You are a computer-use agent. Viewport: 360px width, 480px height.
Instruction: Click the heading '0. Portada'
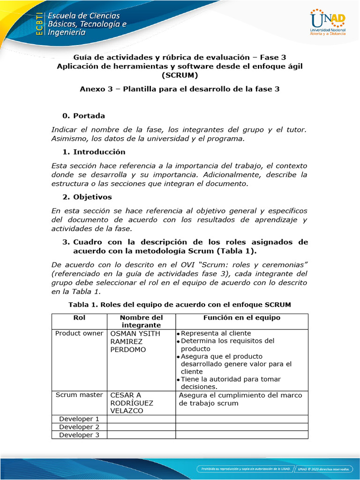tap(83, 115)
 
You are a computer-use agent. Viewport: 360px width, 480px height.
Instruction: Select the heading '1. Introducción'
tap(94, 152)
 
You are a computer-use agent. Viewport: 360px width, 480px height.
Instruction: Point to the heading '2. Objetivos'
tap(87, 197)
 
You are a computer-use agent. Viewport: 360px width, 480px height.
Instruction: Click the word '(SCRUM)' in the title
tap(180, 75)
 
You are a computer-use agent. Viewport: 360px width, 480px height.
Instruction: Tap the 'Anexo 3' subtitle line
tap(180, 89)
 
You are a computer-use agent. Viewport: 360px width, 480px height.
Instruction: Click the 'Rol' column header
tap(79, 318)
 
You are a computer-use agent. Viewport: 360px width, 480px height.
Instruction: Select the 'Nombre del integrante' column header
tap(141, 321)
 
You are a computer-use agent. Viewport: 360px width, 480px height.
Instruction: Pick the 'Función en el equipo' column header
tap(241, 318)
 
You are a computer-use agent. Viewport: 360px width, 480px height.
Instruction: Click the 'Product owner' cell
tap(79, 333)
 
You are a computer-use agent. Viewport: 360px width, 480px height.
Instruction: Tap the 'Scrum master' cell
tap(79, 395)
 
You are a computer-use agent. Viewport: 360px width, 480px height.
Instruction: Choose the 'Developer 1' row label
tap(79, 419)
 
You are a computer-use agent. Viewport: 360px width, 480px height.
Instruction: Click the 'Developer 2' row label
tap(79, 427)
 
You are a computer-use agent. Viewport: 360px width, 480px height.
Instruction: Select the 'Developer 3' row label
tap(79, 435)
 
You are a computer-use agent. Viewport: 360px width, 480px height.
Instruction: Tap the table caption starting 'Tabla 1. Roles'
tap(180, 305)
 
